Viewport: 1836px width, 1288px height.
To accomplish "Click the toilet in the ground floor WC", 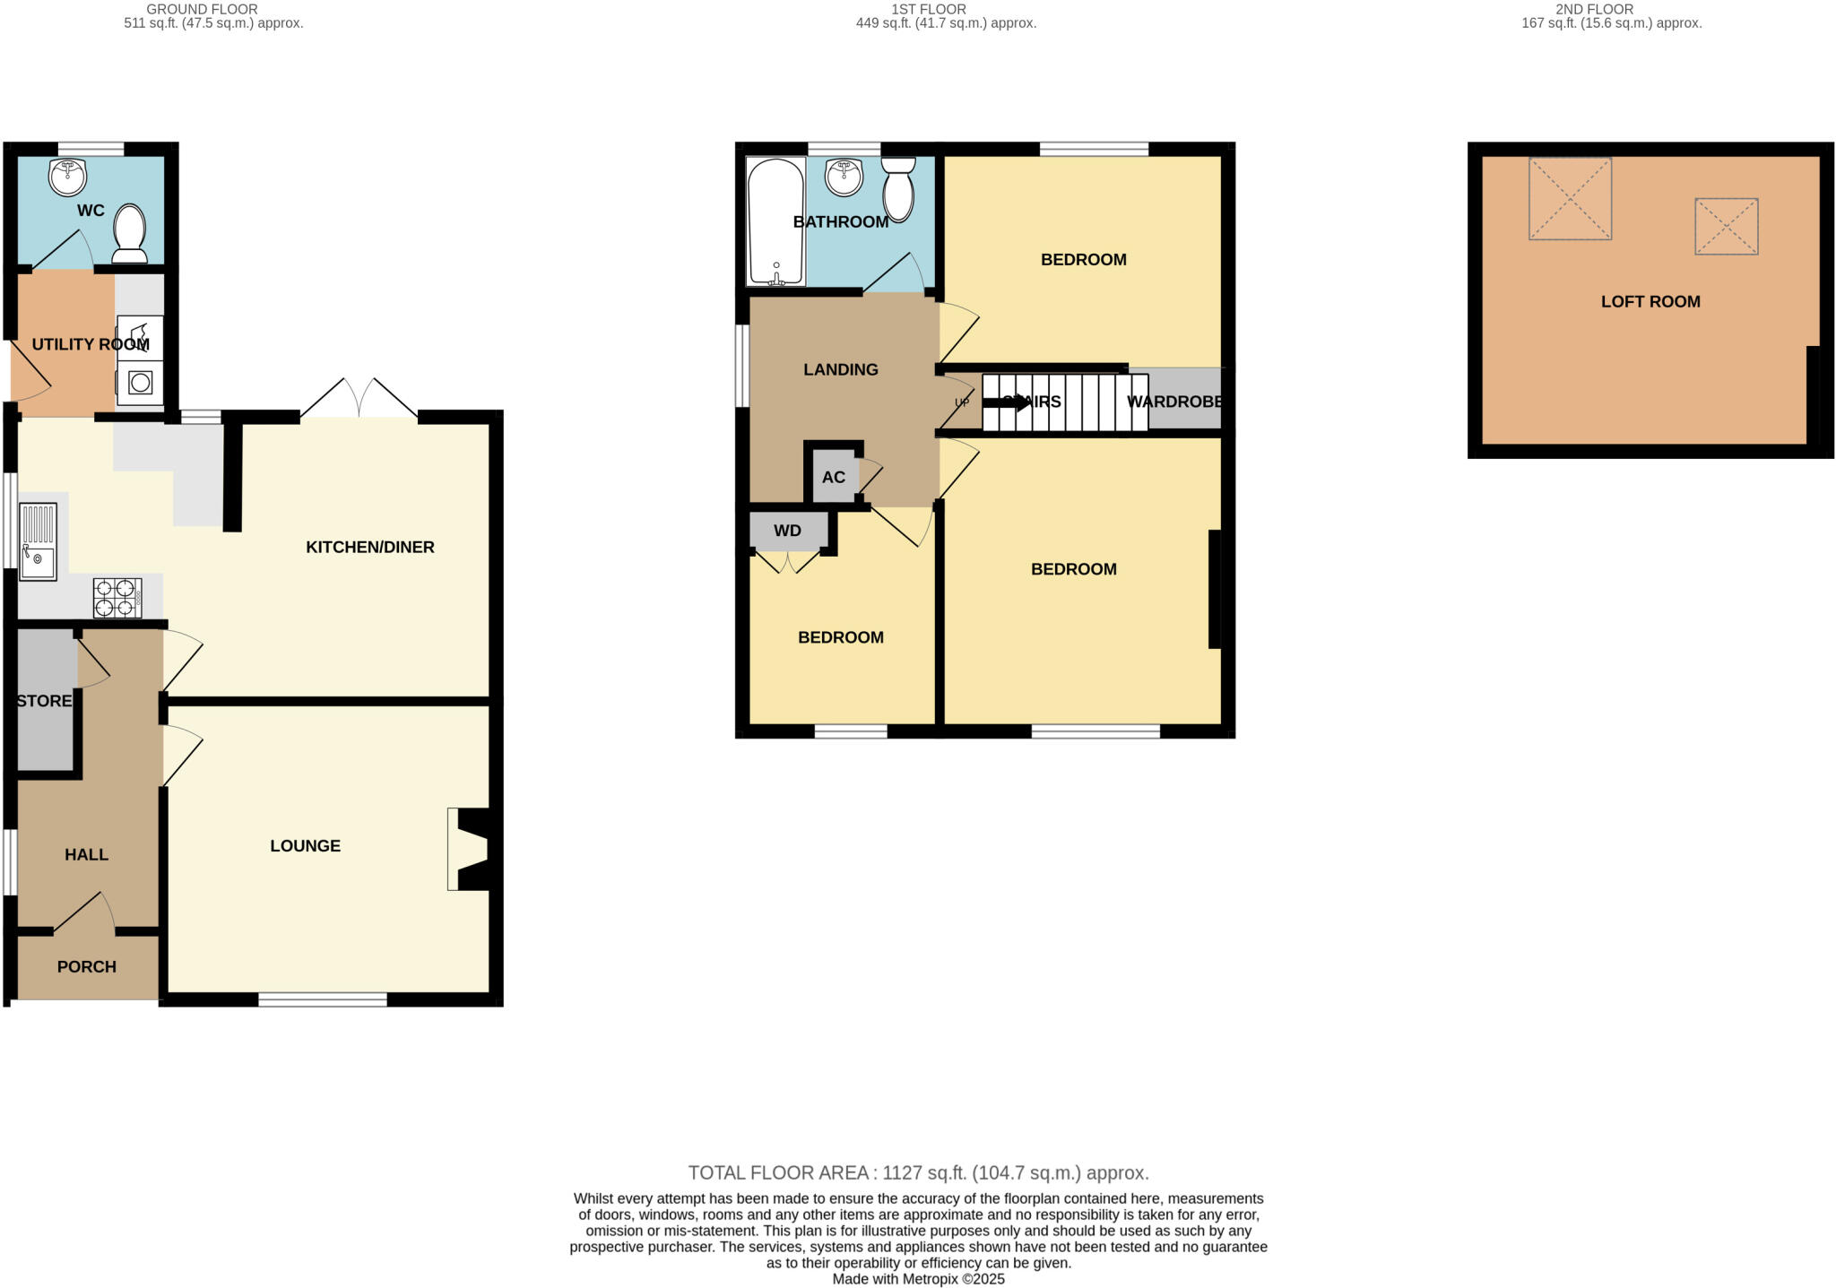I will (131, 233).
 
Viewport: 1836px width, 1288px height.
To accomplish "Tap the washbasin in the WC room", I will (66, 177).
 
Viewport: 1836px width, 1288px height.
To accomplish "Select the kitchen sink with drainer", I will (38, 541).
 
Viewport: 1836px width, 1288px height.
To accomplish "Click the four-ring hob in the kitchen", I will (117, 598).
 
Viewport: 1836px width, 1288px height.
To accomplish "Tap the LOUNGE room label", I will (305, 845).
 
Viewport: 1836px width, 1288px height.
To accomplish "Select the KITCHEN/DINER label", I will (369, 547).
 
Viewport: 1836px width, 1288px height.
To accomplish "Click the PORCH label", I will (87, 966).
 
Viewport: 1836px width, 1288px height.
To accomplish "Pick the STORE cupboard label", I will (44, 700).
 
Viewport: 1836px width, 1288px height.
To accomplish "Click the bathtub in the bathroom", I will (775, 221).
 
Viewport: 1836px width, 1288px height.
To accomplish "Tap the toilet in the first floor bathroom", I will (898, 189).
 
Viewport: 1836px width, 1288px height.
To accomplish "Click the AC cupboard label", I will (834, 477).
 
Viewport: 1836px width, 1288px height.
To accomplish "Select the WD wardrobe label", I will (787, 531).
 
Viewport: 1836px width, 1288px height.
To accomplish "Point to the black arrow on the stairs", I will (1008, 402).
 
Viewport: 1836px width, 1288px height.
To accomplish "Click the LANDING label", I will (840, 369).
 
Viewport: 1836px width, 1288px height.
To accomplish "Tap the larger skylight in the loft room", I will (1570, 199).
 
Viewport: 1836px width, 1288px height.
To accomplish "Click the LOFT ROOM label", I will (1650, 301).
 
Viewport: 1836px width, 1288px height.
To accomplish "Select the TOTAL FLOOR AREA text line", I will (918, 1172).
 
